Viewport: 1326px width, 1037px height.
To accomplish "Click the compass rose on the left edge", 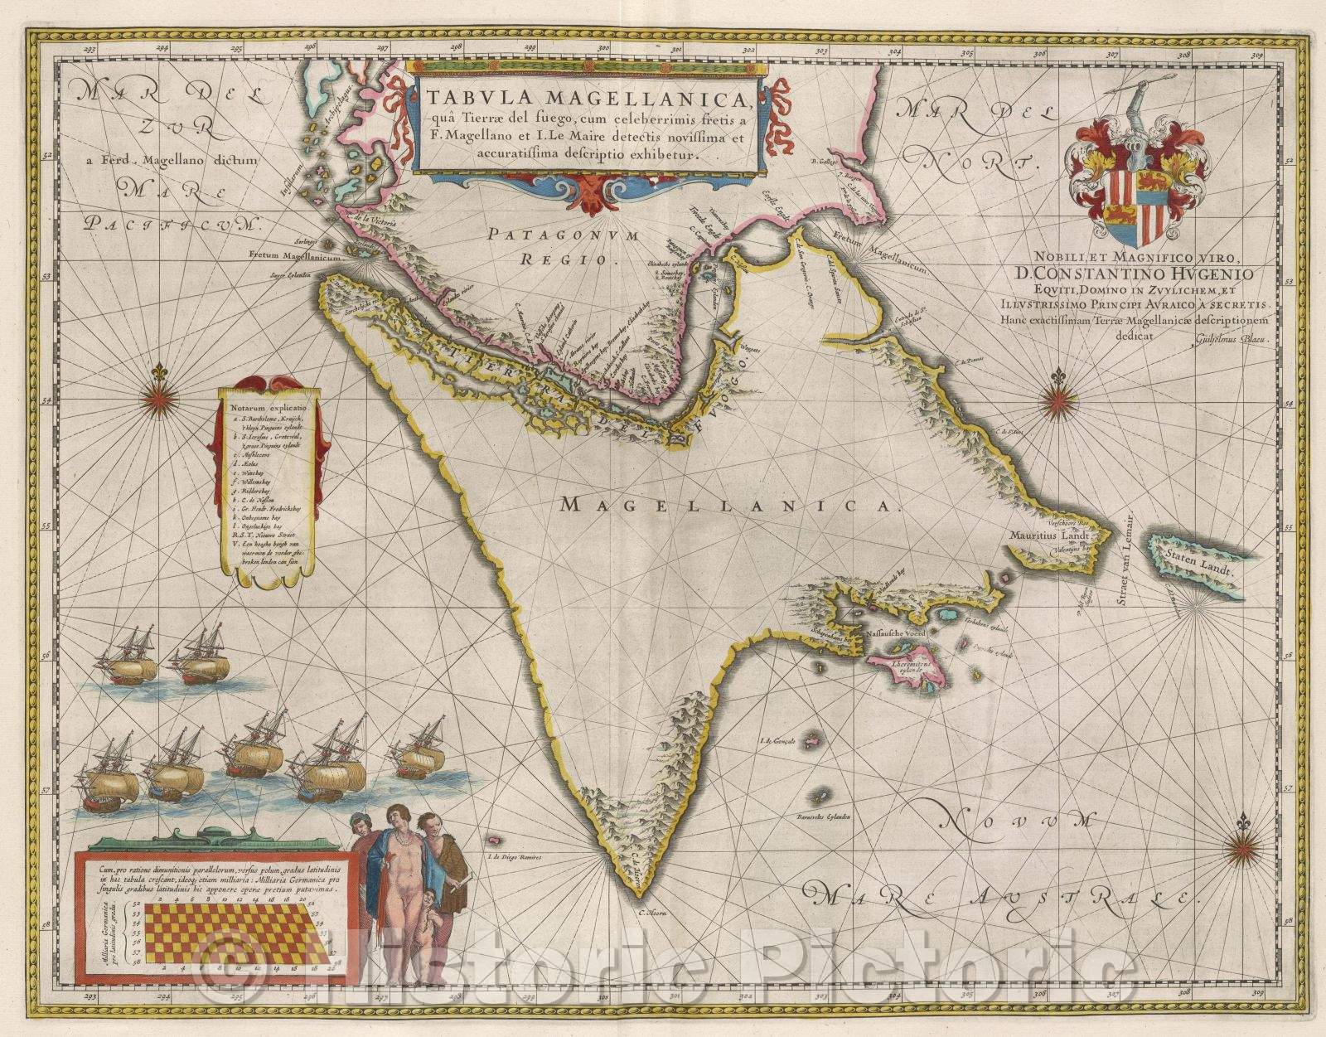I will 157,400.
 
